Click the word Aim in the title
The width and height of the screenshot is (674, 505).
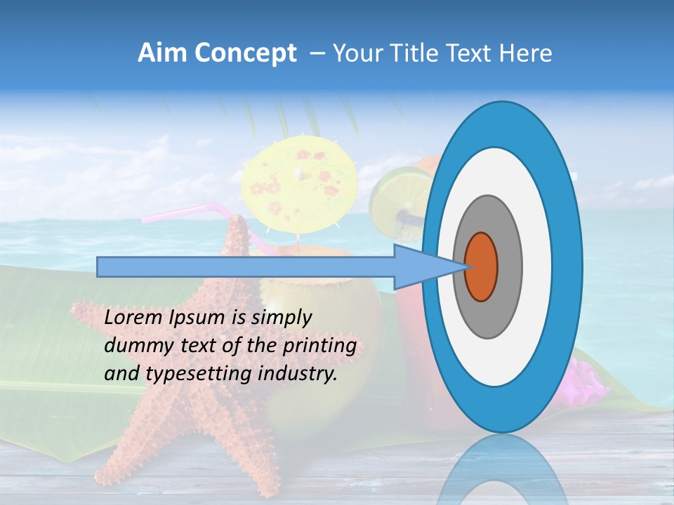(162, 53)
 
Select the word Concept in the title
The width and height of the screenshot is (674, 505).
(245, 53)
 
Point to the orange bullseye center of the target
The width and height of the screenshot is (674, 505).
(482, 267)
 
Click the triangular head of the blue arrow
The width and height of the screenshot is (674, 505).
(421, 267)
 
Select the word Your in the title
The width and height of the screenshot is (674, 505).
(355, 53)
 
